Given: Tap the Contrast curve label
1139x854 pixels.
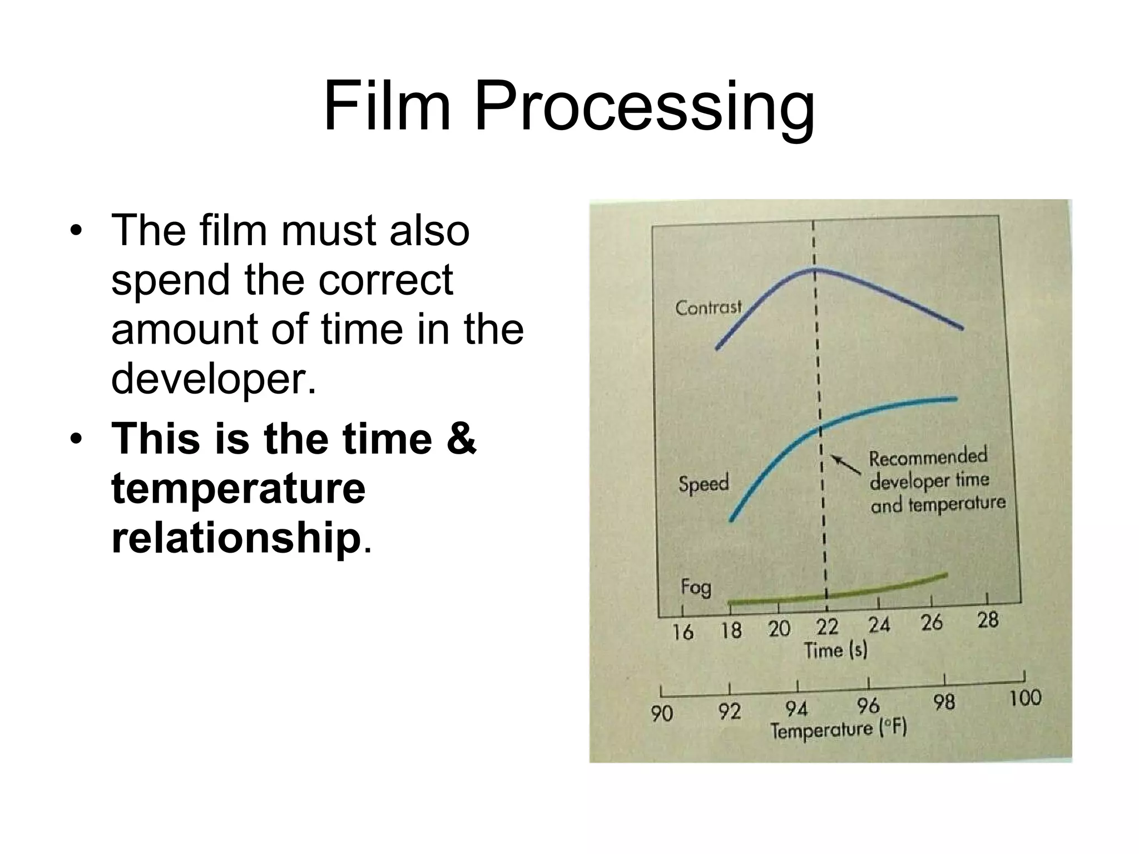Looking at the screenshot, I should coord(708,307).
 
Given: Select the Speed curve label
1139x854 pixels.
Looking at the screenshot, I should coord(703,483).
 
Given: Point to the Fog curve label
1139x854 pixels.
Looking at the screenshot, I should coord(696,587).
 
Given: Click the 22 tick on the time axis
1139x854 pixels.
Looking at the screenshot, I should coord(826,627).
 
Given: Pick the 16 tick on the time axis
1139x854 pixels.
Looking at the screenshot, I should coord(682,632).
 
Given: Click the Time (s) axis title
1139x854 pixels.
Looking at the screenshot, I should coord(835,650).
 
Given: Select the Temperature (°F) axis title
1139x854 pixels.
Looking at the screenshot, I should coord(838,729).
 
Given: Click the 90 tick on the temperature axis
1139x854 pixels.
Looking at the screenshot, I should coord(662,713).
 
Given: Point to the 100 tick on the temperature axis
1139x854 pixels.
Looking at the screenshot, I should coord(1024,698).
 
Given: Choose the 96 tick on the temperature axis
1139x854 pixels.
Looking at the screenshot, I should coord(868,706).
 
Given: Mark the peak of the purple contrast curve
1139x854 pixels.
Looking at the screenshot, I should coord(814,270).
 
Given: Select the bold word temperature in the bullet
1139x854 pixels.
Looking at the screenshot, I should coord(238,488).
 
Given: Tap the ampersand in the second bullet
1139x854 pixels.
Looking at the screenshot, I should coord(460,439).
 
